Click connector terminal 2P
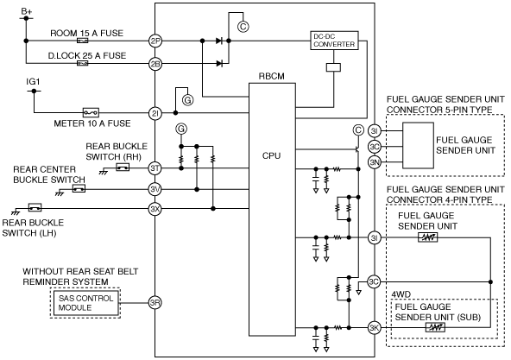[x=155, y=41]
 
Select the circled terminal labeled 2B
[x=155, y=64]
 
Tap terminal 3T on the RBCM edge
[x=155, y=168]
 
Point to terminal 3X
[x=155, y=209]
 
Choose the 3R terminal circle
[x=155, y=303]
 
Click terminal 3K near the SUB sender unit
[x=374, y=328]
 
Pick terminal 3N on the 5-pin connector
[x=375, y=162]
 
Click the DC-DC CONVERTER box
[x=334, y=41]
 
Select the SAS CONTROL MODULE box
[x=85, y=303]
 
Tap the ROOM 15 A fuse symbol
[x=83, y=41]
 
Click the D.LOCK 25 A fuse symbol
[x=83, y=63]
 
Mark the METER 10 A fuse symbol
[x=91, y=113]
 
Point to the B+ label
[x=27, y=11]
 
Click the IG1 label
[x=33, y=81]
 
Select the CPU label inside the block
[x=271, y=156]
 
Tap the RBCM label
[x=271, y=76]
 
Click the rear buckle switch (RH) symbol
[x=123, y=167]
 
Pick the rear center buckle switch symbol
[x=79, y=188]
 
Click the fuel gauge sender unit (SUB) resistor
[x=435, y=327]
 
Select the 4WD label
[x=401, y=294]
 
